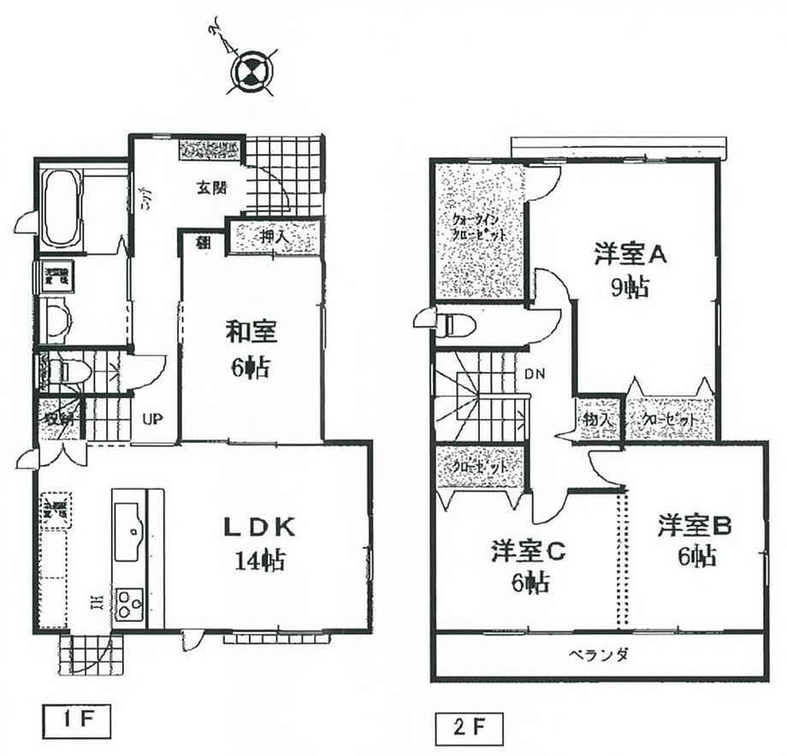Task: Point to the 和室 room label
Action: tap(251, 329)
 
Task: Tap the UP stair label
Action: tap(152, 419)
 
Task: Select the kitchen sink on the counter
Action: tap(128, 523)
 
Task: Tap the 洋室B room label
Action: tap(695, 526)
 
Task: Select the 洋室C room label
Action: tap(528, 552)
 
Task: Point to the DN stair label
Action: tap(535, 373)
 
